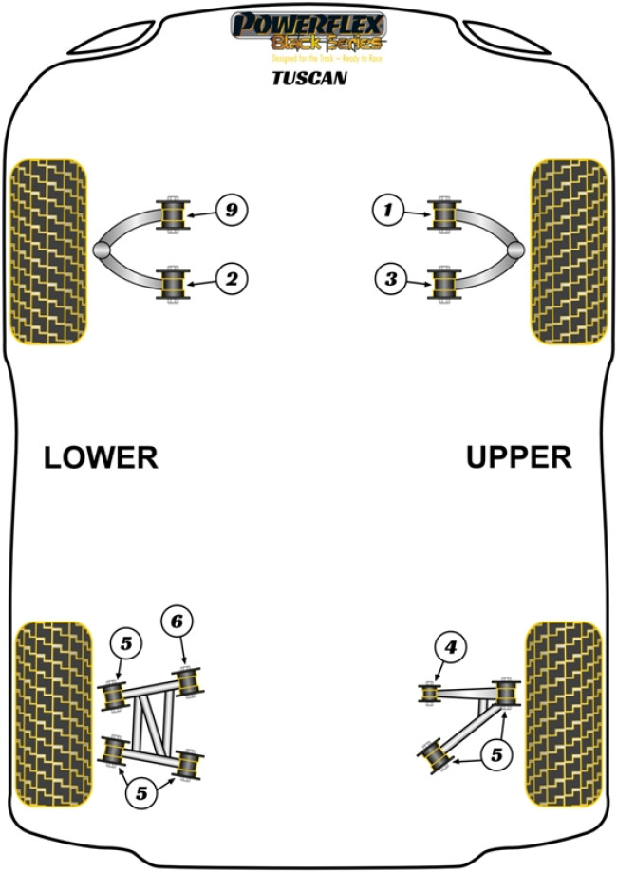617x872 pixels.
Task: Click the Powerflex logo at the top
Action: click(308, 31)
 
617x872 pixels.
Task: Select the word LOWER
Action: click(101, 457)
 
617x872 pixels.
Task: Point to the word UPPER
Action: click(518, 457)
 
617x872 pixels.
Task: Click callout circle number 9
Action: click(231, 209)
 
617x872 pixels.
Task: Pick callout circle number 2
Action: click(231, 279)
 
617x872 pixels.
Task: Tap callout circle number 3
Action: click(387, 279)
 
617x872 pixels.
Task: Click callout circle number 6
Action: click(177, 622)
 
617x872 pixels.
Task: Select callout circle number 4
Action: click(450, 648)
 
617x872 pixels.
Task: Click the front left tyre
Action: click(47, 250)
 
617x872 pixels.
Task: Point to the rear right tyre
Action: click(564, 713)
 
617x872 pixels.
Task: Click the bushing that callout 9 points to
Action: click(173, 214)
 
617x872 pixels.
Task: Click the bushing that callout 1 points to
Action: click(443, 214)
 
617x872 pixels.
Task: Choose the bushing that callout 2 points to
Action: click(173, 282)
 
